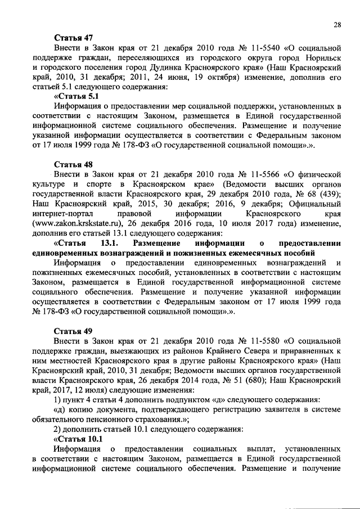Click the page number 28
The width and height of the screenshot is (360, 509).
coord(337,24)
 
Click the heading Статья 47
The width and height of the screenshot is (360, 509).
coord(73,38)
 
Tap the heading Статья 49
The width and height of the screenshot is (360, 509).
coord(73,331)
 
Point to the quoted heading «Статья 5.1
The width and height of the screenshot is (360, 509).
coord(76,96)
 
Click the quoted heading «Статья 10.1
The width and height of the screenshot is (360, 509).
coord(78,438)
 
